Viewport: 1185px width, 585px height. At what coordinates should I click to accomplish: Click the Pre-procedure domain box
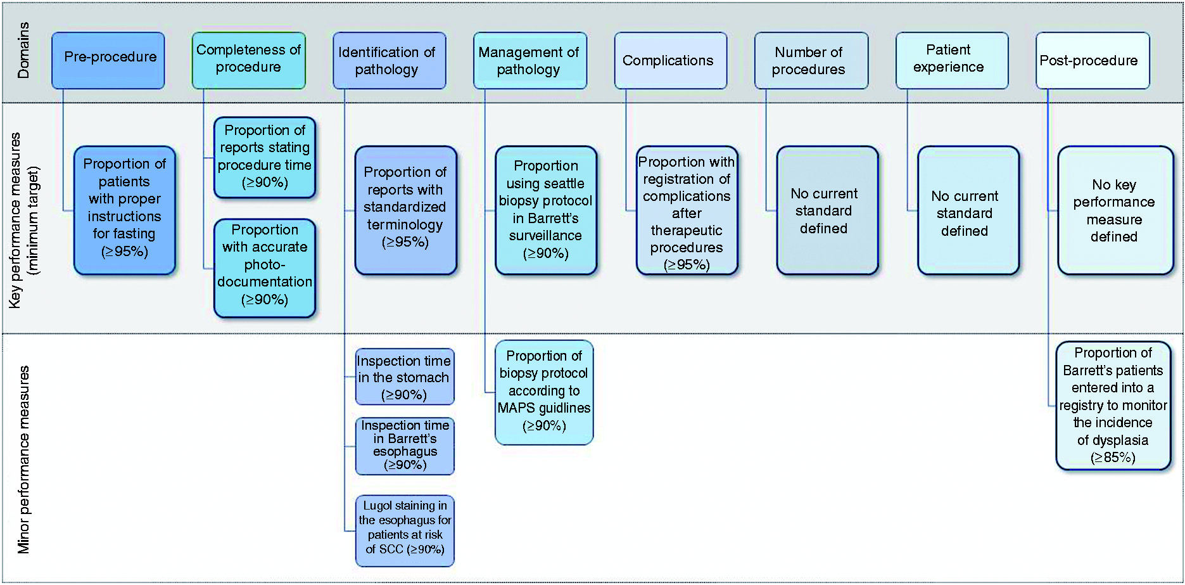(x=108, y=60)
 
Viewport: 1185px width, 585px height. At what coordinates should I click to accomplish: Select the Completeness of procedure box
(x=249, y=60)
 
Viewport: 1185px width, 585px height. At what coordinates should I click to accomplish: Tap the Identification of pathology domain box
(x=390, y=60)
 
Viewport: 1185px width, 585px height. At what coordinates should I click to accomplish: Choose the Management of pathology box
(x=530, y=60)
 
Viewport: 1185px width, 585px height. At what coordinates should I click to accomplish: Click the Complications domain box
(x=671, y=60)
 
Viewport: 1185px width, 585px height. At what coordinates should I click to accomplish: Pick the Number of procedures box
(x=811, y=60)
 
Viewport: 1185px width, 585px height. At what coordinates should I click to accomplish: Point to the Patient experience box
(x=952, y=60)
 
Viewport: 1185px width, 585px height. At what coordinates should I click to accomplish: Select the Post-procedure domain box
(x=1093, y=60)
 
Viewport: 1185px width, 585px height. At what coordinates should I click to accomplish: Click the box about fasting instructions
(x=125, y=210)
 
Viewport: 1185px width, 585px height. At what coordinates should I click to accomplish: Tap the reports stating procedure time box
(x=265, y=157)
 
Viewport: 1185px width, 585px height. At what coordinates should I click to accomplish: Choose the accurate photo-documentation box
(x=265, y=267)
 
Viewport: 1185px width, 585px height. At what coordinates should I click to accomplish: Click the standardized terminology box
(x=406, y=210)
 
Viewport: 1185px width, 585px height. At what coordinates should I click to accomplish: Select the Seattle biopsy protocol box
(x=546, y=210)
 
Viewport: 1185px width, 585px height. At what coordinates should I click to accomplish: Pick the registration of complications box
(x=687, y=210)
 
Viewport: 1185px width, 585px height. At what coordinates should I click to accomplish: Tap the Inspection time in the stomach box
(x=405, y=376)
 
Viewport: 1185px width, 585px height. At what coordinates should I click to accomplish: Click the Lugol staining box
(x=405, y=530)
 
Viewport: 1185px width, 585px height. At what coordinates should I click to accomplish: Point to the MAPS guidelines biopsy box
(x=544, y=392)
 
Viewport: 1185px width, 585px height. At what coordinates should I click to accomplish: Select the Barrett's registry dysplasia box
(x=1113, y=406)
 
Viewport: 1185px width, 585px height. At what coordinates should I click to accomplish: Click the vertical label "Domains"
(x=23, y=51)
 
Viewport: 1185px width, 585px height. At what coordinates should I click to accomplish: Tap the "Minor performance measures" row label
(x=23, y=460)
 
